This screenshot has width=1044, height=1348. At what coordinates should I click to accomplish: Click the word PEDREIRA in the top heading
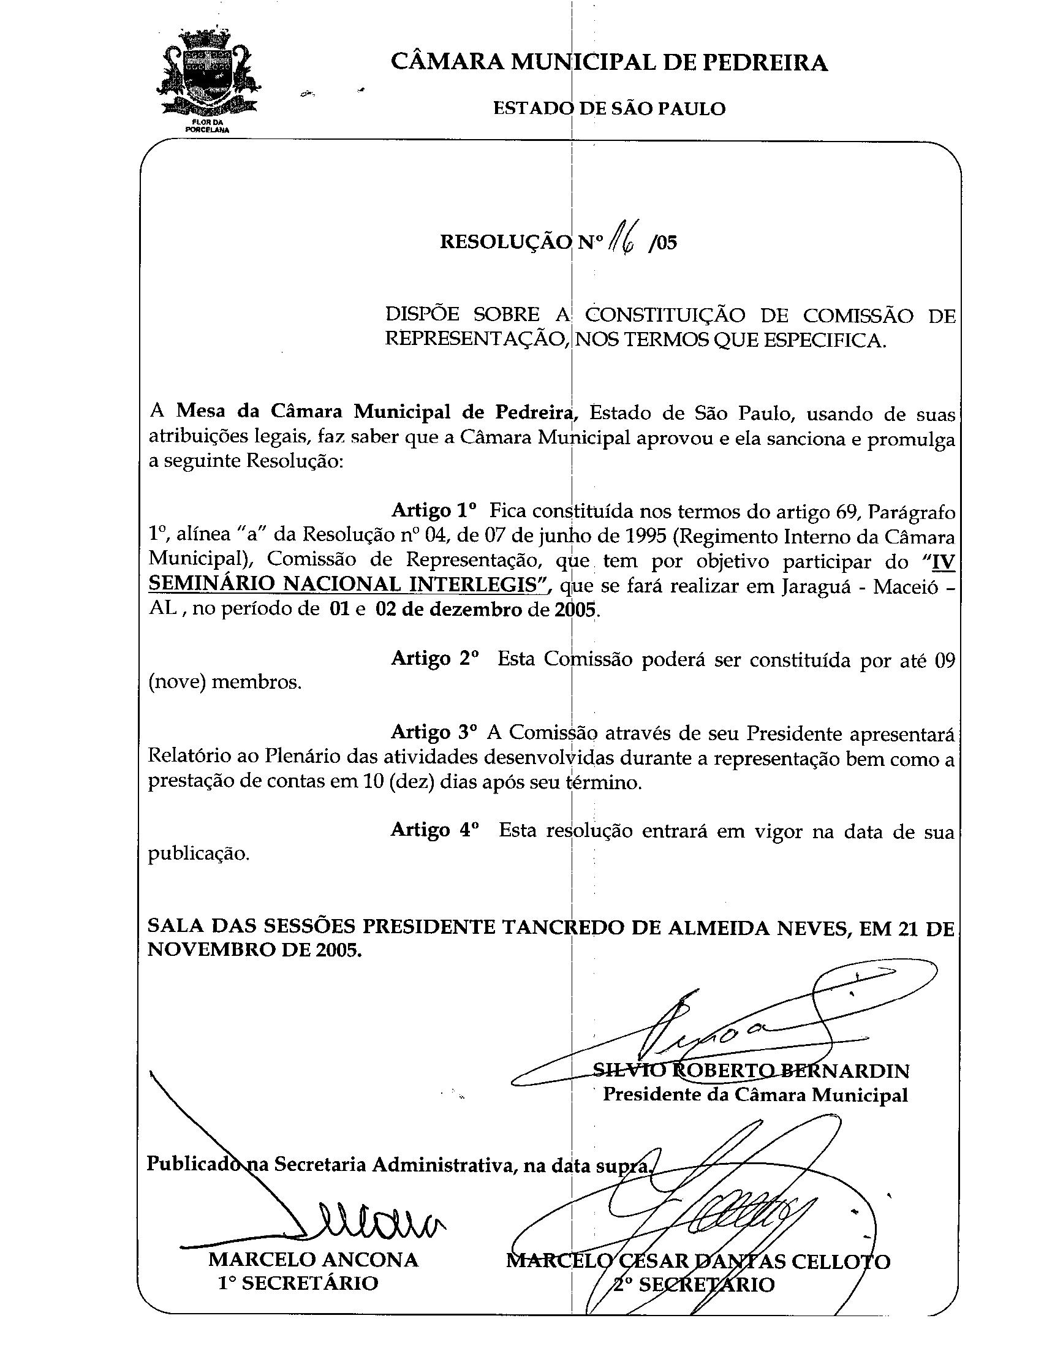766,62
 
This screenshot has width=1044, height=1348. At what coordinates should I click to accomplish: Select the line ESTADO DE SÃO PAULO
609,108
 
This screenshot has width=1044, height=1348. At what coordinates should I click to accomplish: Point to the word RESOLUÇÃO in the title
506,242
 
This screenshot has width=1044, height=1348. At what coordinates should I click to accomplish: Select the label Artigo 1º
434,511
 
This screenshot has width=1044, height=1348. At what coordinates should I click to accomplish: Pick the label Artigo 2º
434,659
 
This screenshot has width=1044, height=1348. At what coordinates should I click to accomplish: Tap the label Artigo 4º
434,830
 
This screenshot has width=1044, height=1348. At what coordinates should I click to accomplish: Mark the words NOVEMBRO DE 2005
254,950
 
